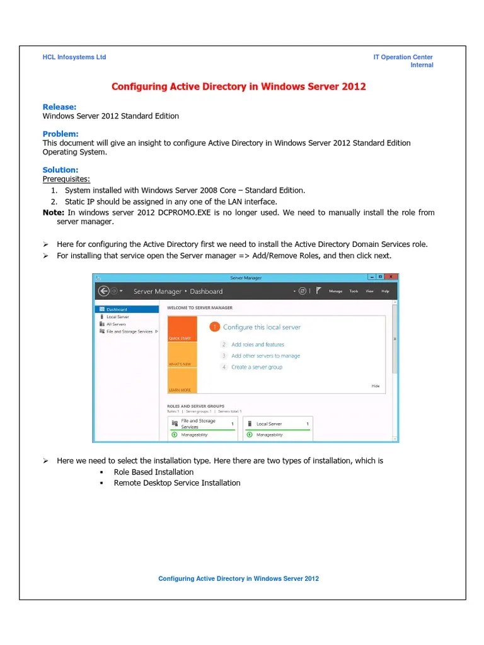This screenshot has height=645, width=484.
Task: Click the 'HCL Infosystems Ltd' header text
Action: tap(74, 57)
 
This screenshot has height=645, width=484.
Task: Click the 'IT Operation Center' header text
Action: tap(403, 57)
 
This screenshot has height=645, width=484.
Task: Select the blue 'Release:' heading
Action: tap(59, 106)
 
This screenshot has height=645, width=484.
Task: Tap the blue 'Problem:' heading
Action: tap(60, 134)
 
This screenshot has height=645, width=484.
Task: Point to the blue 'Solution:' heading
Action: tap(60, 169)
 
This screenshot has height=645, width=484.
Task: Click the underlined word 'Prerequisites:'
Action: tap(66, 179)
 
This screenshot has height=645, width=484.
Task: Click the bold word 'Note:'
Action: tap(54, 212)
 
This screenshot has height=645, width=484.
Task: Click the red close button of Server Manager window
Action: tap(392, 277)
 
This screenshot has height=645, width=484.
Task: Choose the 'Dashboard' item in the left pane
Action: tap(117, 309)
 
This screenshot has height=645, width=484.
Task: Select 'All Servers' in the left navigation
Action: tap(116, 324)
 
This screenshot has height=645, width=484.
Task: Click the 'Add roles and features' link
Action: tap(258, 345)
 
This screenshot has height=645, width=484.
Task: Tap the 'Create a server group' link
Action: tap(256, 367)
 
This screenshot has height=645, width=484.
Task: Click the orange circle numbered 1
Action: tap(214, 327)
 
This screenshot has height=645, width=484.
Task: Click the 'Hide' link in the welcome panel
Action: tap(376, 385)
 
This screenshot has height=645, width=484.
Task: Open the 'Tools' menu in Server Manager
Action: tap(354, 292)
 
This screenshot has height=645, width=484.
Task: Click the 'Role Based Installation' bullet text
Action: tap(153, 472)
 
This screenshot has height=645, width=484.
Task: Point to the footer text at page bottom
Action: tap(238, 578)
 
